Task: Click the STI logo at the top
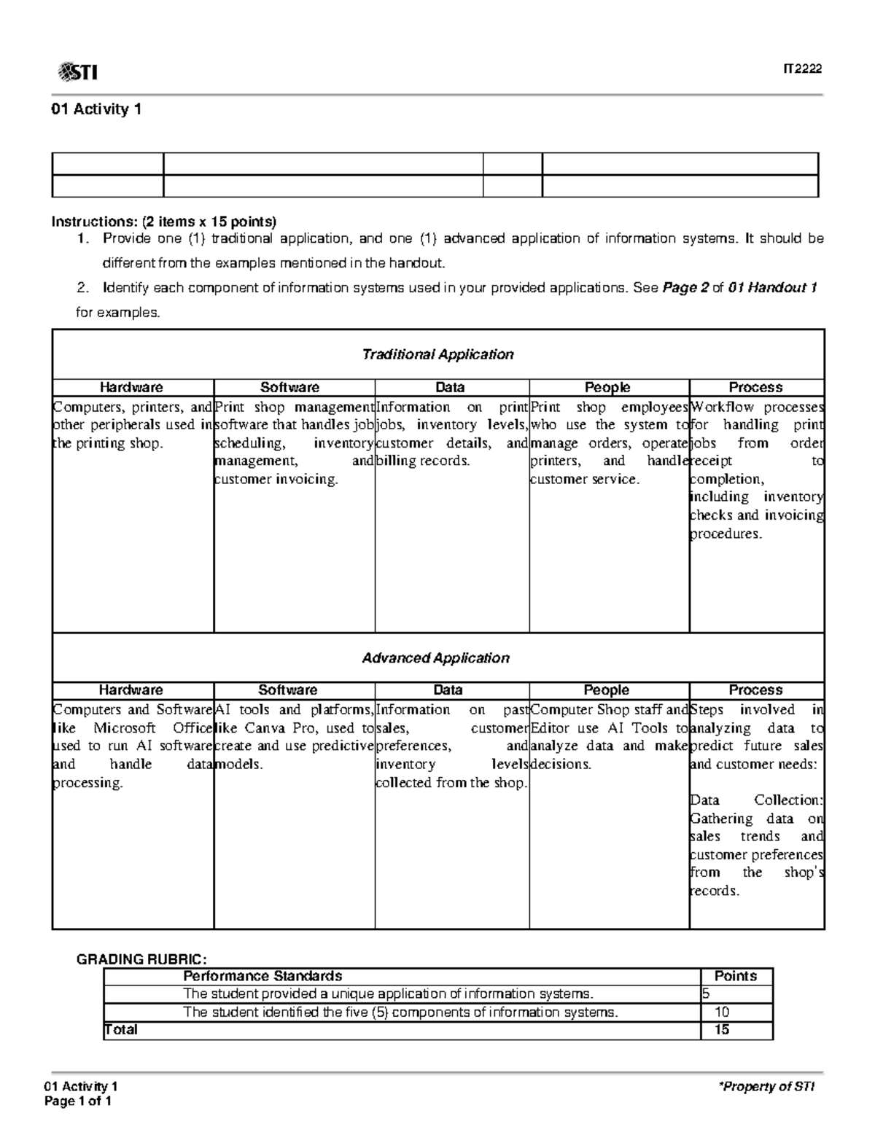77,71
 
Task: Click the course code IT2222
802,69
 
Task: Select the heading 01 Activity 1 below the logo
96,110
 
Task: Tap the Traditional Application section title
437,354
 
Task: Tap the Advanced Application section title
435,657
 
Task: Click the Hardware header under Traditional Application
131,387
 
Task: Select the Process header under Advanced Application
755,690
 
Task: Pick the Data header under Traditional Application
450,387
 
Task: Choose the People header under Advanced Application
606,690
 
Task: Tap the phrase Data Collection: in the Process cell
756,800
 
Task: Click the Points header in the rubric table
735,976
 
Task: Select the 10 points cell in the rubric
722,1012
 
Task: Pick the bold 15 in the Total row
721,1029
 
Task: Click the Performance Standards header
262,976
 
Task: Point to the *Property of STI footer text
766,1087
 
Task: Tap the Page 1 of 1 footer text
78,1101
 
